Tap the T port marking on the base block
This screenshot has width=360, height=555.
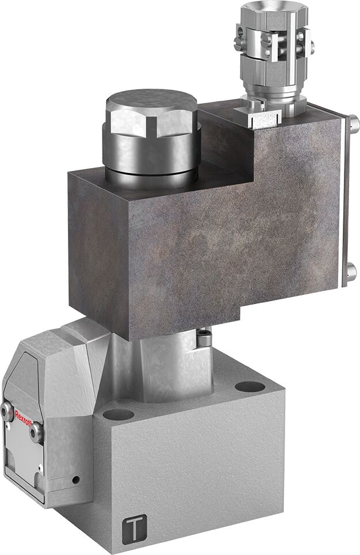pos(134,529)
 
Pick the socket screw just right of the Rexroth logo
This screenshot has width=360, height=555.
pos(36,432)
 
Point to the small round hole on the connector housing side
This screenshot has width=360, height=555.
pos(75,480)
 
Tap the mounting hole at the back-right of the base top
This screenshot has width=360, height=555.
pos(249,386)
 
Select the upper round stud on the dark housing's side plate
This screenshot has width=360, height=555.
pos(353,124)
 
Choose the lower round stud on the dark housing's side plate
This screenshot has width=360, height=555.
pos(351,271)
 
